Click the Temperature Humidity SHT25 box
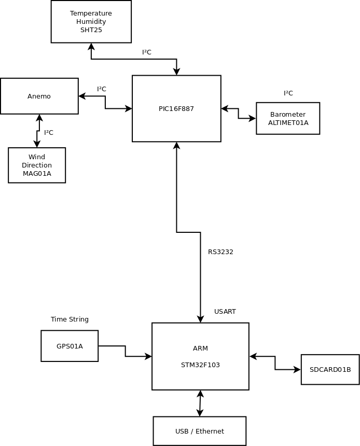91,22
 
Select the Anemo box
39,96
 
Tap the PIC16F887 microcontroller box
176,108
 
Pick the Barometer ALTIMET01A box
288,118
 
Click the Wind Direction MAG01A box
37,165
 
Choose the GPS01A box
70,346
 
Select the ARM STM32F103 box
200,356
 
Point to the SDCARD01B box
330,369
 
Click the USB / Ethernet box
200,431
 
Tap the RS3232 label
220,252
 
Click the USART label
225,312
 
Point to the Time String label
70,319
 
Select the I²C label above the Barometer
288,93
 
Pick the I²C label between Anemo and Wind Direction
49,133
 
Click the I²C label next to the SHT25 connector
147,52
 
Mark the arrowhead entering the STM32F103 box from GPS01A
148,356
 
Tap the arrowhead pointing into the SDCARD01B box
297,369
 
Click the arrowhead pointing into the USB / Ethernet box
200,413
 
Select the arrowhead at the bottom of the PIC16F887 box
176,146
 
